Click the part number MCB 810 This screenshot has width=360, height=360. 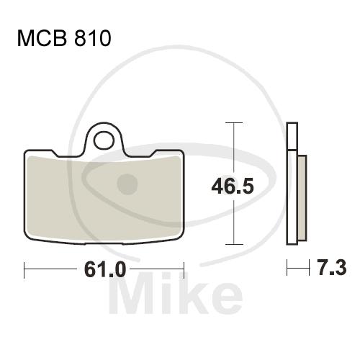tap(64, 38)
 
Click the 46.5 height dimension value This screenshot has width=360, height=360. tap(233, 186)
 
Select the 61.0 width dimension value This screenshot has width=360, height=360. tap(105, 269)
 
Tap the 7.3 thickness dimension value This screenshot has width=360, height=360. tap(332, 267)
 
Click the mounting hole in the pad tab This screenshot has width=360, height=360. tap(104, 141)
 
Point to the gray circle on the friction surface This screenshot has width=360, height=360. tap(127, 184)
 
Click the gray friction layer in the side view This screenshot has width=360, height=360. tap(302, 198)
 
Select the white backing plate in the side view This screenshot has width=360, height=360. tap(292, 184)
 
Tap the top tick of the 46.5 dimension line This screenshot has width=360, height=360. tap(234, 122)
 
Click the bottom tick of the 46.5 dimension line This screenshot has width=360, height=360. tap(234, 245)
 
